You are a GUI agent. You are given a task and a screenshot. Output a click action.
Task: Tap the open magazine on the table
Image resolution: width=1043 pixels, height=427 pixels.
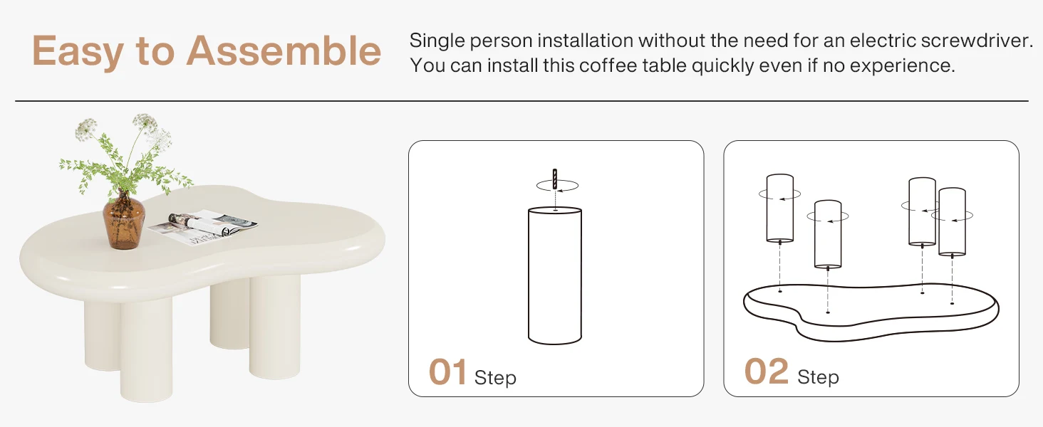203,226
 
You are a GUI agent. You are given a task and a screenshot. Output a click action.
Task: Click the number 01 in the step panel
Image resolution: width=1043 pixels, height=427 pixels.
447,373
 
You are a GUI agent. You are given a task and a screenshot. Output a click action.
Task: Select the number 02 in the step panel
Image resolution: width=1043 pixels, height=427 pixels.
767,373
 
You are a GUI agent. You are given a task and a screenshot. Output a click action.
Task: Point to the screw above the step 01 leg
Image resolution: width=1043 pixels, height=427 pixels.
554,177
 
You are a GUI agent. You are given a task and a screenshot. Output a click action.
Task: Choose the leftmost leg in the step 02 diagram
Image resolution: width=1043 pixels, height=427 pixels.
779,208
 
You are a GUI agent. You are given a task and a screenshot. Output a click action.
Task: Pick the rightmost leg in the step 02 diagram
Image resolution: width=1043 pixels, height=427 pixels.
952,221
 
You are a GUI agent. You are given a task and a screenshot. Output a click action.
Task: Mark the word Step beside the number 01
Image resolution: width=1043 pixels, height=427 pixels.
495,377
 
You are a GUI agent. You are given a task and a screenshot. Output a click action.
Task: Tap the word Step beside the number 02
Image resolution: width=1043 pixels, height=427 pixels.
818,377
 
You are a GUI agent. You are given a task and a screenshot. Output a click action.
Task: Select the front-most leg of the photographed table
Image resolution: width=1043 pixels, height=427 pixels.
146,349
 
